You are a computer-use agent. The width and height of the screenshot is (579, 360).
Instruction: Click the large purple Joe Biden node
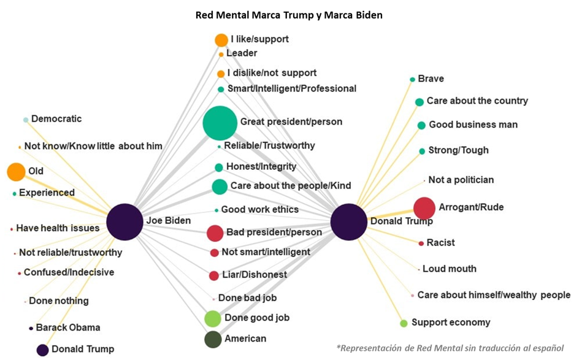point(125,221)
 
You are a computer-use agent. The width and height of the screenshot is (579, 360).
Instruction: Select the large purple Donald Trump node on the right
point(349,221)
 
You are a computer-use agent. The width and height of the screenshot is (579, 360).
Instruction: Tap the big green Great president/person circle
point(220,123)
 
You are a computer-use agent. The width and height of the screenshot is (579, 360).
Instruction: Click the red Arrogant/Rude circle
point(424,209)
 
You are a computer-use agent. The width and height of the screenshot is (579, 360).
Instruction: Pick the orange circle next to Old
point(17,172)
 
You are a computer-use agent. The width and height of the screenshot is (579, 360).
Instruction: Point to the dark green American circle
point(213,339)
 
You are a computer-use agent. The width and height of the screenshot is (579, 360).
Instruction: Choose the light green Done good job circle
point(212,318)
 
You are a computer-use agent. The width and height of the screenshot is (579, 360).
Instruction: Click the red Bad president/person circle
point(215,233)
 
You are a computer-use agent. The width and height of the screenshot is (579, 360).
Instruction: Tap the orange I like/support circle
point(221,40)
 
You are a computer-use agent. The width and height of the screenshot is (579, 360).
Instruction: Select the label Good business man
point(473,124)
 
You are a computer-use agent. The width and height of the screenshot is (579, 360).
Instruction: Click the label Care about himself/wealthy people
point(494,295)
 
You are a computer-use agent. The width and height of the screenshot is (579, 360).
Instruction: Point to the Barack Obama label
point(67,327)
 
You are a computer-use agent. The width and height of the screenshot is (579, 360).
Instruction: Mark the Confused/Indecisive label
point(69,272)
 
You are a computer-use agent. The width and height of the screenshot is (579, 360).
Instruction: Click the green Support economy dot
point(404,323)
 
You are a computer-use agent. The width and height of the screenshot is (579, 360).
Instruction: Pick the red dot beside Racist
point(421,243)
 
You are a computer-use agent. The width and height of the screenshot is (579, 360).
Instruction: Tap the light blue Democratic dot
point(26,120)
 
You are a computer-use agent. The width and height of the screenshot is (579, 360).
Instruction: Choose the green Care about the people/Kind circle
point(220,186)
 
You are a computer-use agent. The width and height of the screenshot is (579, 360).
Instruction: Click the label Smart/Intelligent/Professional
point(291,88)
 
